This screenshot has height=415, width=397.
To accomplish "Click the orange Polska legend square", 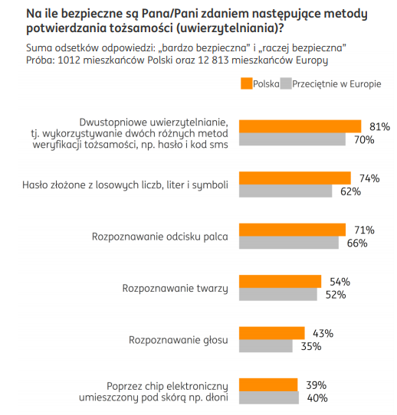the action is click(x=246, y=83).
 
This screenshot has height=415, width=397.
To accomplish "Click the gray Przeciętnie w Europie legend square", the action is click(x=286, y=83).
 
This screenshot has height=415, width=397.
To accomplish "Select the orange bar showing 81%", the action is click(x=300, y=126).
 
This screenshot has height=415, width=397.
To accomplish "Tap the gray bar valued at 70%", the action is click(x=292, y=139).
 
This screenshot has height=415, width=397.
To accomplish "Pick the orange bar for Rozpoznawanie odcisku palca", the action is click(x=292, y=230).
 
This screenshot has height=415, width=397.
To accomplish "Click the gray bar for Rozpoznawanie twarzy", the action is click(x=277, y=294).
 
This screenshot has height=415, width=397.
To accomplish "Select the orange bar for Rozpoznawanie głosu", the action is click(x=272, y=333).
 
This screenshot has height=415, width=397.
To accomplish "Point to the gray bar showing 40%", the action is click(x=269, y=397).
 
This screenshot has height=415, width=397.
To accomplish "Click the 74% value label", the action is click(x=369, y=178).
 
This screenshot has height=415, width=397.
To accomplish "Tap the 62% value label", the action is click(x=351, y=191).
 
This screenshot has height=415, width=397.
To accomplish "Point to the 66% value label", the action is click(x=357, y=243).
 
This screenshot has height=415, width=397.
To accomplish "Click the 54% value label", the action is click(x=340, y=282).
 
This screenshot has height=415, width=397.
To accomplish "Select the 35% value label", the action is click(x=311, y=346).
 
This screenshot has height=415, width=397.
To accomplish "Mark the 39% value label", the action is click(x=317, y=385).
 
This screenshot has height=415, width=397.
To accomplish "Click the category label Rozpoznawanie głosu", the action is click(x=179, y=340).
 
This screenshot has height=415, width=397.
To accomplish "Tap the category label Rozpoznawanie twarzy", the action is click(x=175, y=289).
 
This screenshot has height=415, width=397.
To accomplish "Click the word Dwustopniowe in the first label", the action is click(x=113, y=123).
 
